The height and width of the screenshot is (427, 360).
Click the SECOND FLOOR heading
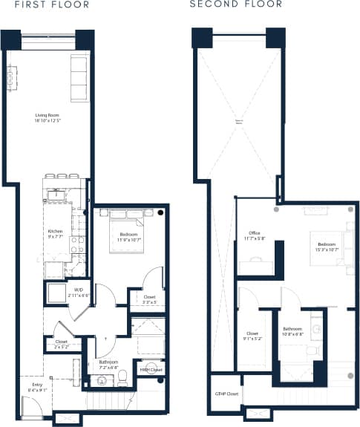(x=235, y=4)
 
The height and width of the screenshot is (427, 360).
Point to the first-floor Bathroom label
(x=108, y=365)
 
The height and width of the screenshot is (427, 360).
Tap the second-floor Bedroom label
(x=327, y=246)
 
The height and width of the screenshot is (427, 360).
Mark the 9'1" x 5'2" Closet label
(x=252, y=336)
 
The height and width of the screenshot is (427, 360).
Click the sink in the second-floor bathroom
(x=315, y=327)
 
